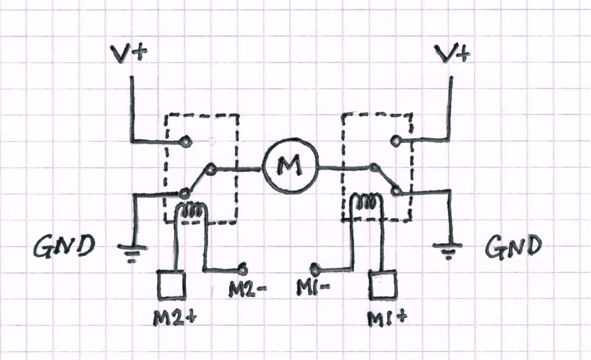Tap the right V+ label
455,55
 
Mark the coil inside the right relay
367,201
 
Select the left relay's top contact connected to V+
185,143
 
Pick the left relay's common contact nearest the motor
210,168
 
